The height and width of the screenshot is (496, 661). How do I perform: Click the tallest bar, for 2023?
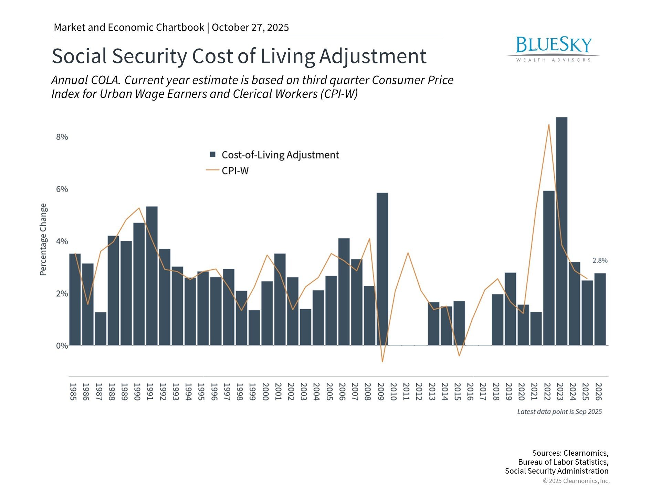click(562, 231)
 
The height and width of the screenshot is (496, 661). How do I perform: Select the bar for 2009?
click(382, 269)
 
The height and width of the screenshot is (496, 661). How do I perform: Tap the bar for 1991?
click(152, 276)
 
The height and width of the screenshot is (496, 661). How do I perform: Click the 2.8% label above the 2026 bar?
click(600, 261)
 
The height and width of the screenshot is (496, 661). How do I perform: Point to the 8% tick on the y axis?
click(62, 137)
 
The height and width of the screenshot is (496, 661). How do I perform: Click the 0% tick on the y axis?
click(62, 346)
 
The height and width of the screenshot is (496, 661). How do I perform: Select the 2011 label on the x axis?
click(406, 392)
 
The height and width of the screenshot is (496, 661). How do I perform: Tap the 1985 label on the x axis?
click(73, 392)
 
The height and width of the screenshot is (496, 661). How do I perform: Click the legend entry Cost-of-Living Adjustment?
click(280, 155)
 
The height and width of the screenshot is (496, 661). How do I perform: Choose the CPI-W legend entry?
click(235, 171)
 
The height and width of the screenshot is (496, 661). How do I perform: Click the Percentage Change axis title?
click(43, 239)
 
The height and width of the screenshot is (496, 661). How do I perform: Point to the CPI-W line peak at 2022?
click(549, 125)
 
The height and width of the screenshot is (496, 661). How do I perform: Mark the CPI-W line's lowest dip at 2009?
click(382, 362)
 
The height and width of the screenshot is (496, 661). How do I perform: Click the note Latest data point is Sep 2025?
click(559, 412)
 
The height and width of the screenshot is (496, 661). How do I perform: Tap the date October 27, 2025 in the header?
click(250, 28)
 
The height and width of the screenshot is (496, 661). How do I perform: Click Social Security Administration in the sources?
click(556, 471)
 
